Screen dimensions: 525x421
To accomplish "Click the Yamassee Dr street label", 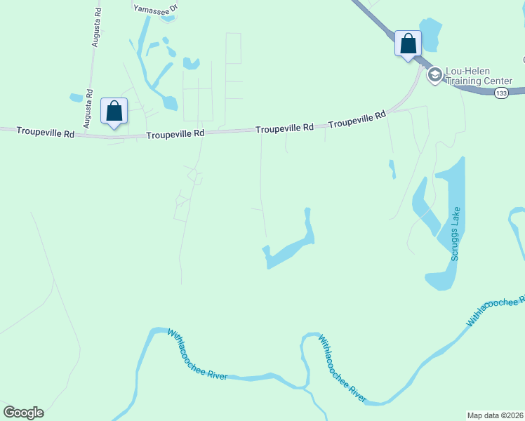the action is (157, 8).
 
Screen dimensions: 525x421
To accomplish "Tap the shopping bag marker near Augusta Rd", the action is (114, 112).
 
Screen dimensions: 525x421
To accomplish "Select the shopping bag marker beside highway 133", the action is (408, 45).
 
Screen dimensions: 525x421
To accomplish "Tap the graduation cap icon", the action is (434, 74).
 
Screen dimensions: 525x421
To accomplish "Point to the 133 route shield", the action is (500, 93).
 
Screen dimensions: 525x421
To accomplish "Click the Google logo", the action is (23, 413).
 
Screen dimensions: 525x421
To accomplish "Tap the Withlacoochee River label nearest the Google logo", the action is (197, 355).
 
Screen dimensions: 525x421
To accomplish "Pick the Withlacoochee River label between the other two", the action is (343, 368).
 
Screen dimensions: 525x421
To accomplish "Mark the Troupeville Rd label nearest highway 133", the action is (357, 120).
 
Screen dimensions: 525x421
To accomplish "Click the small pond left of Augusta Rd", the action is (76, 98).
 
